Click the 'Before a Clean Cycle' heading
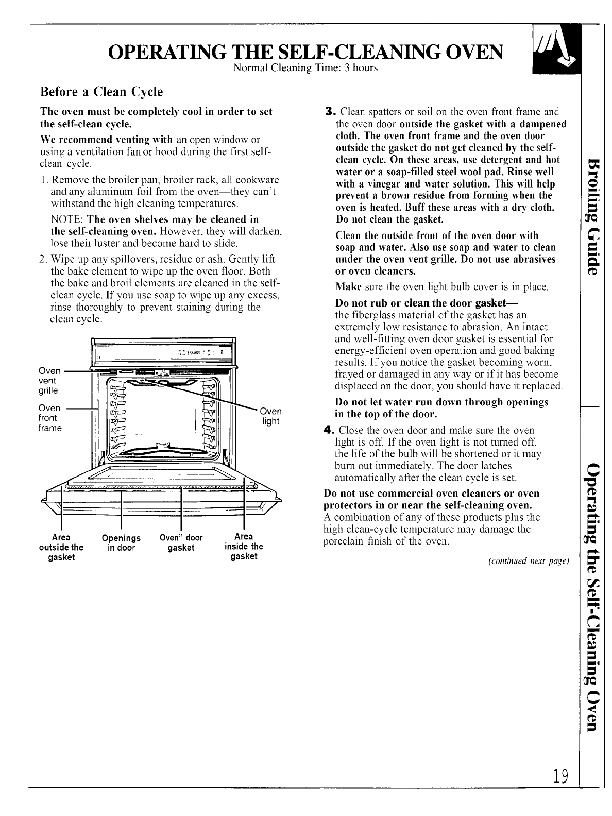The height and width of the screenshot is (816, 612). click(x=101, y=92)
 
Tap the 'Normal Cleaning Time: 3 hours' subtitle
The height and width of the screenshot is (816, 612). click(x=305, y=68)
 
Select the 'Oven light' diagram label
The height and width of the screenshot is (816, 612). click(x=270, y=416)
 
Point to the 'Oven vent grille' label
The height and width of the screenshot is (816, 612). click(x=49, y=380)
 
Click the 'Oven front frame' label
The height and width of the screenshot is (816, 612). click(x=50, y=418)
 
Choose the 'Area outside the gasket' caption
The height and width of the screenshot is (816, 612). click(x=61, y=547)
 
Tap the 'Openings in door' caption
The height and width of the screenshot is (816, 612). click(x=121, y=543)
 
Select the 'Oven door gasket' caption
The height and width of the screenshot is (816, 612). click(x=181, y=543)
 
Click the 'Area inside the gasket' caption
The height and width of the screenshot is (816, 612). click(x=244, y=546)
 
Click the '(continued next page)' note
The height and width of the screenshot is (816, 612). click(x=537, y=560)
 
